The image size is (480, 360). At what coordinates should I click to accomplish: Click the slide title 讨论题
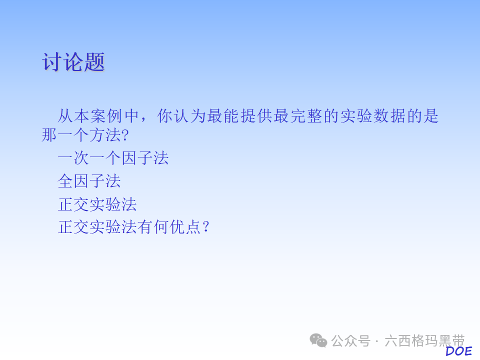[x=73, y=63]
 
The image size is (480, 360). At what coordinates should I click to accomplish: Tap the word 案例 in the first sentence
[x=106, y=116]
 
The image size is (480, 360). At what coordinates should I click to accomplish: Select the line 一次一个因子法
[x=113, y=158]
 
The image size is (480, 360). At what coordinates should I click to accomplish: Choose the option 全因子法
[x=89, y=181]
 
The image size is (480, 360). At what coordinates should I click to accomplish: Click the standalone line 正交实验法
[x=97, y=204]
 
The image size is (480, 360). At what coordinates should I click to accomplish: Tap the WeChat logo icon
[x=318, y=340]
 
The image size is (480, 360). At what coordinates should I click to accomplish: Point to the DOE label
[x=458, y=351]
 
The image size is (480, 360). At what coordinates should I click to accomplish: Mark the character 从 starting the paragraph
[x=65, y=116]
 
